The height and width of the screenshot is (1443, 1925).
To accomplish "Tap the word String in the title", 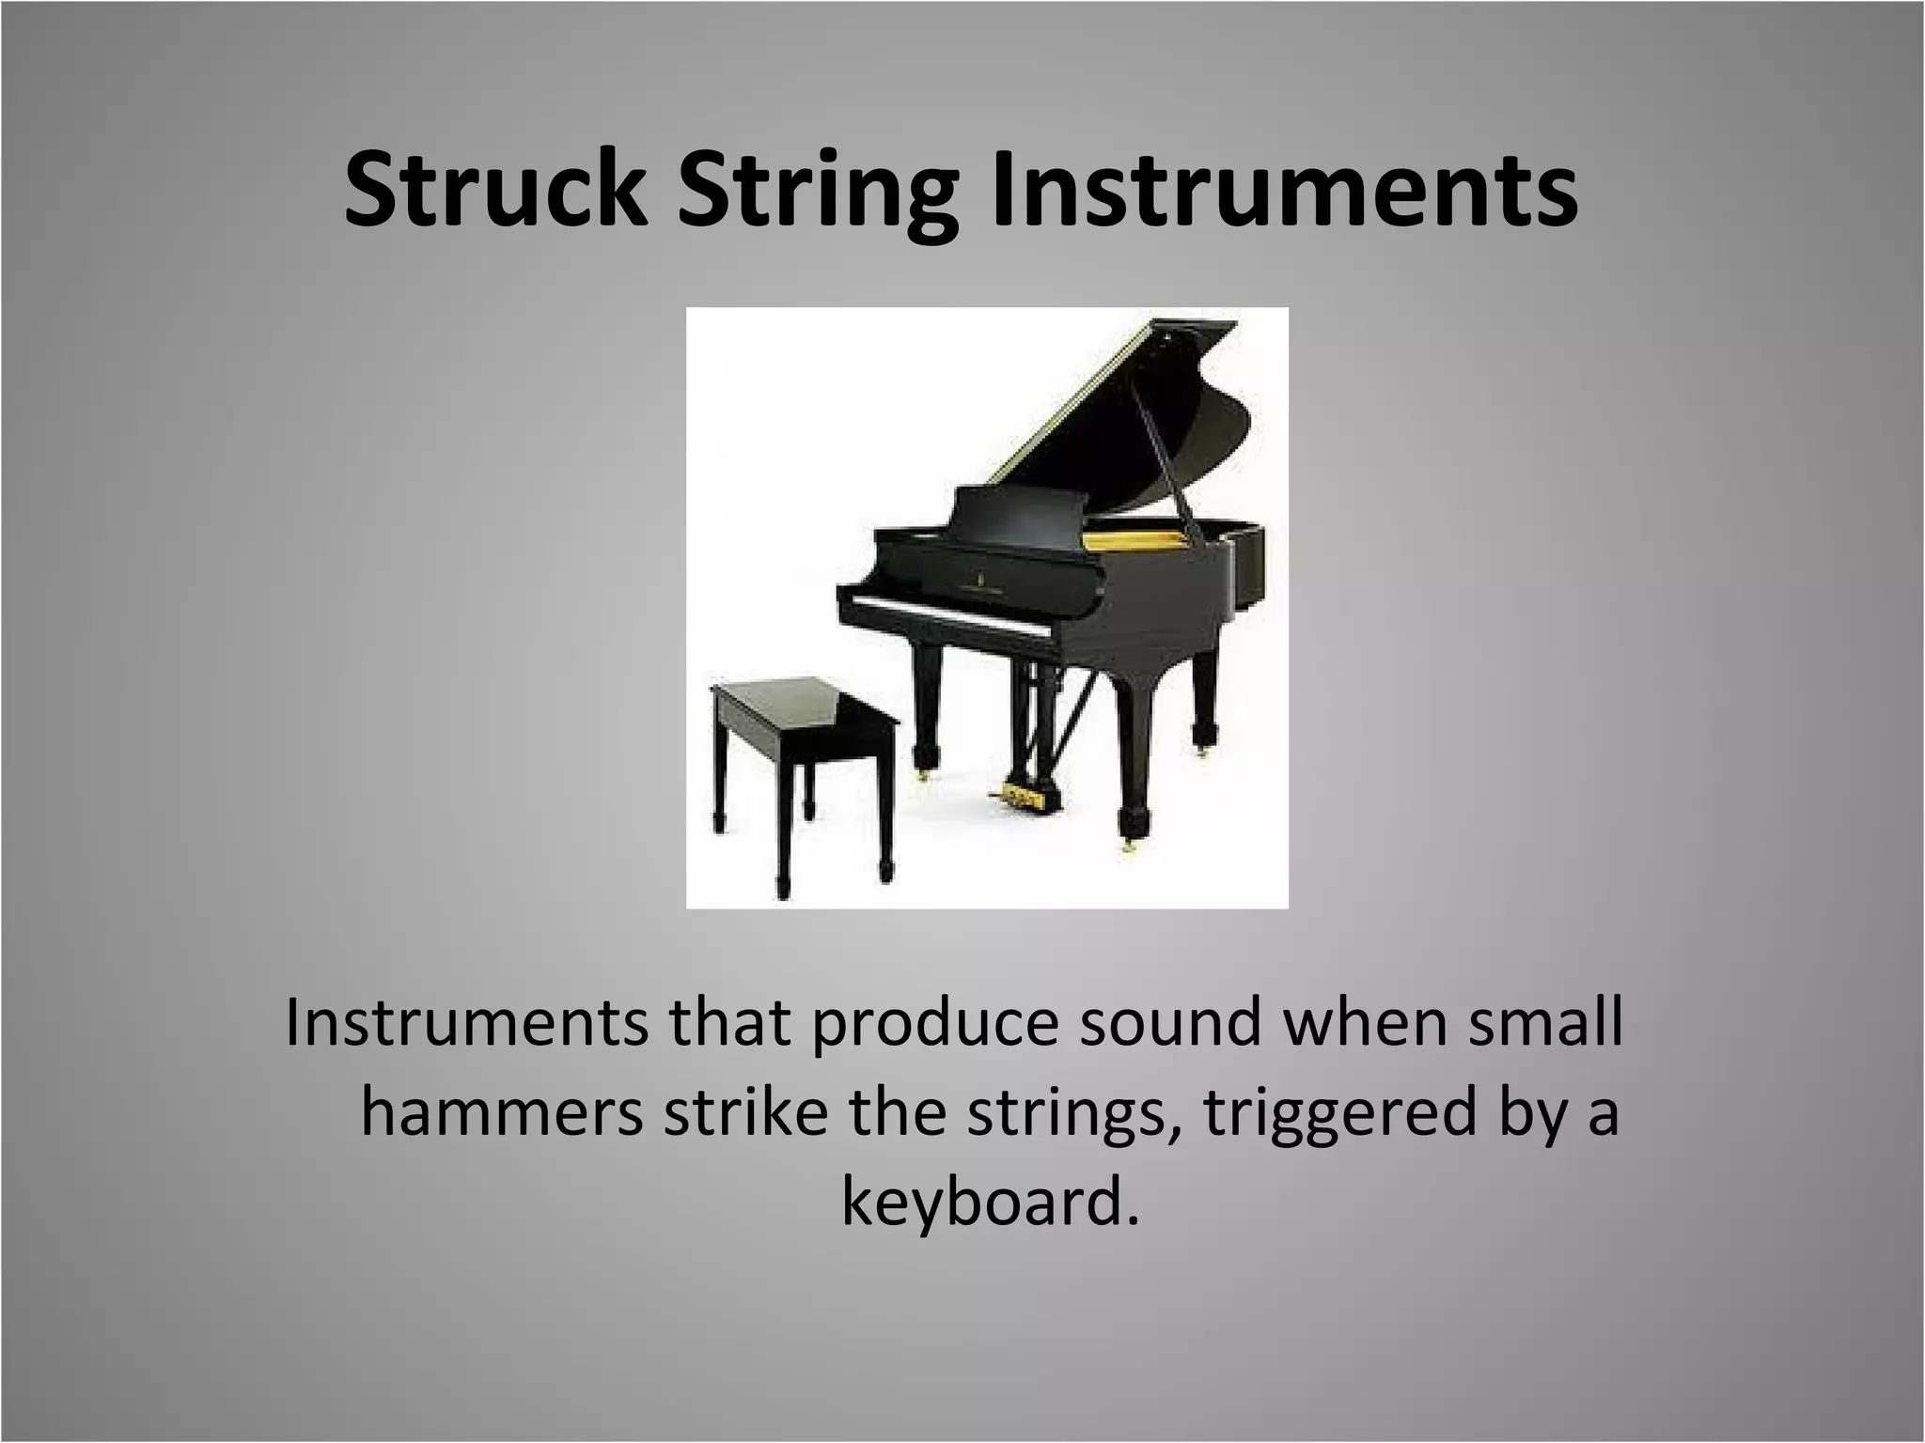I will click(x=813, y=193).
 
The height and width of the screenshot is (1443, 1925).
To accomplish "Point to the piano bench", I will click(x=804, y=714).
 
